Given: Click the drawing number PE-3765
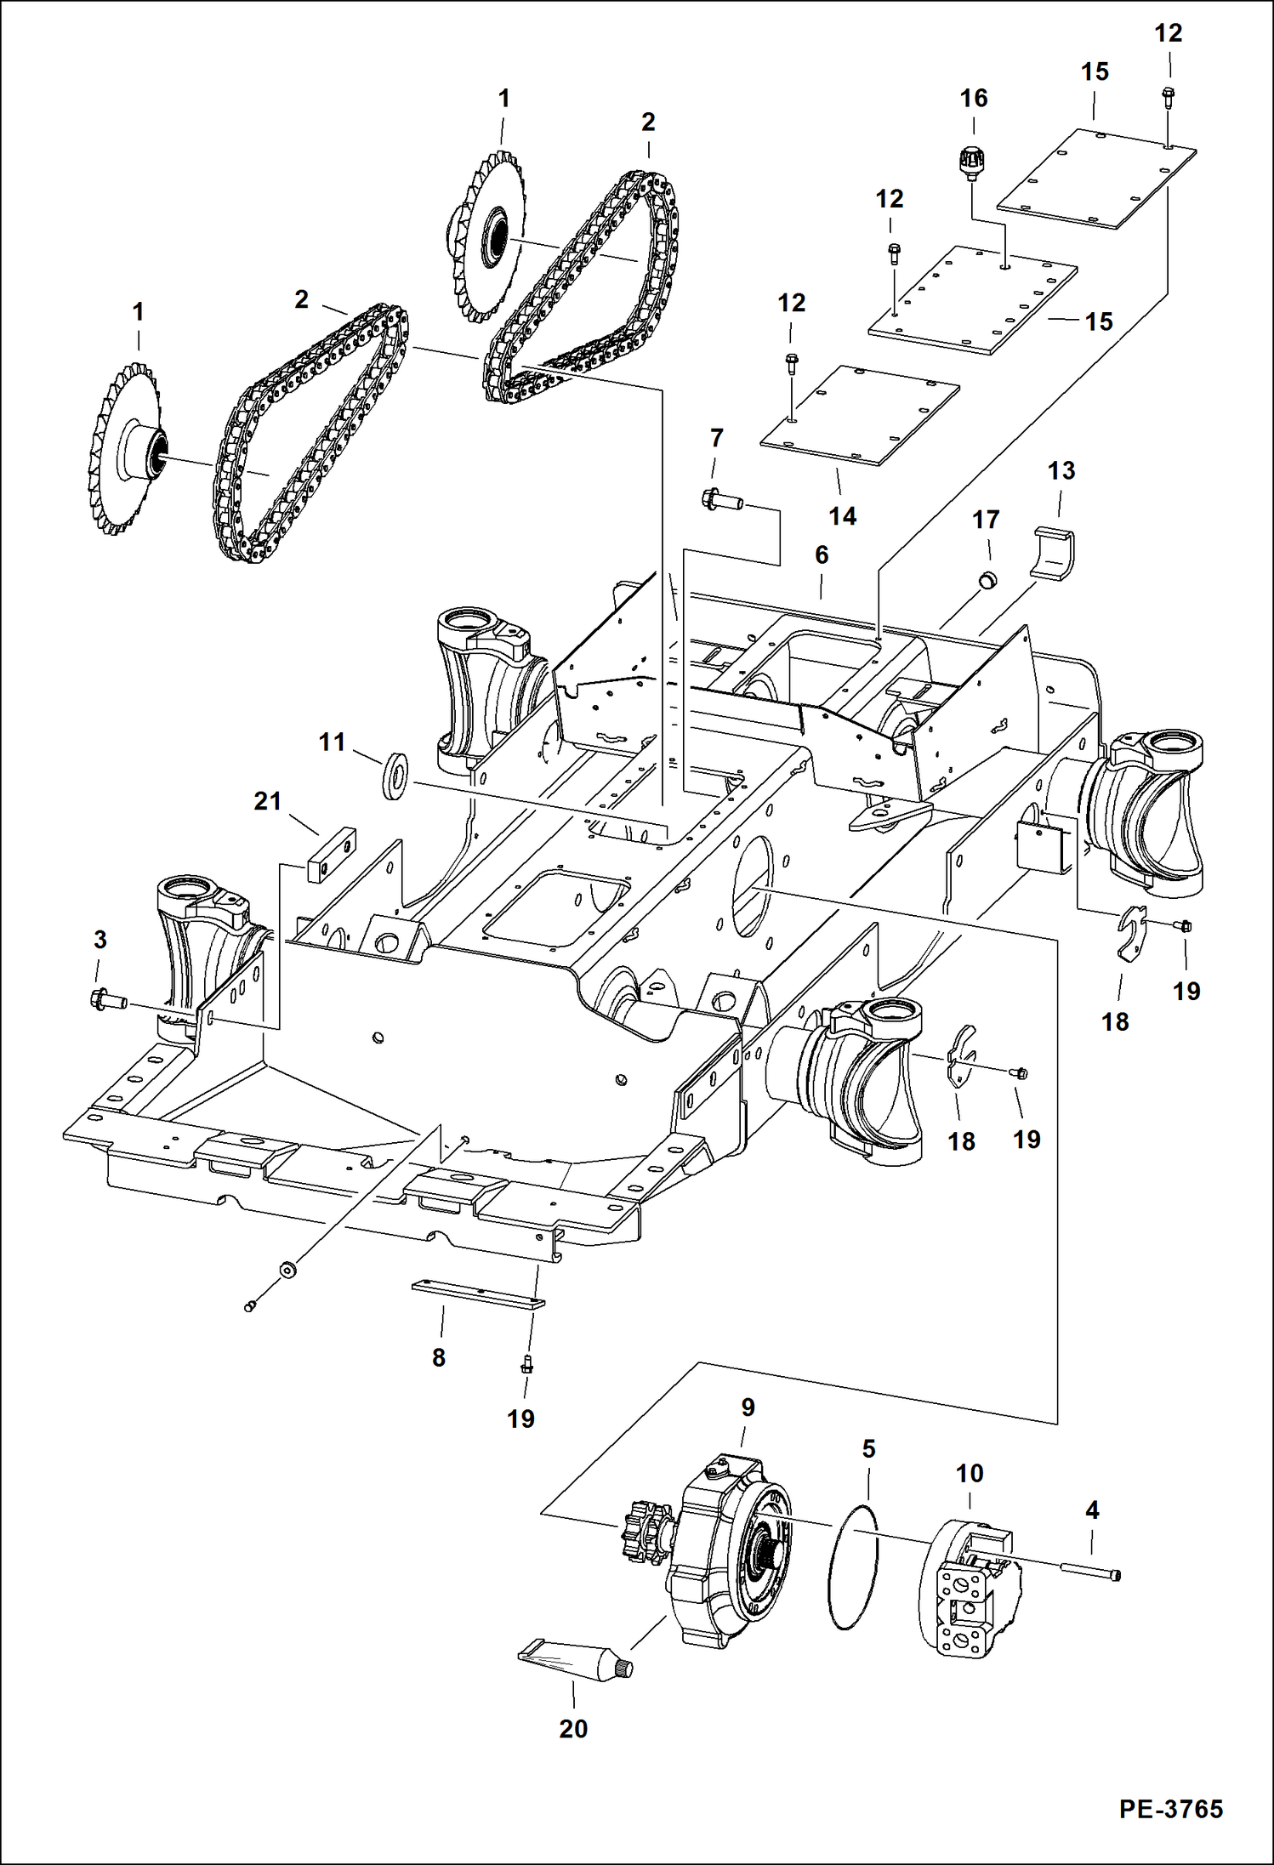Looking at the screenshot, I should [x=1170, y=1808].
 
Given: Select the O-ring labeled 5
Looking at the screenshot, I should [x=852, y=1566].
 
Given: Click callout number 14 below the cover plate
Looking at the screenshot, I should [x=842, y=516].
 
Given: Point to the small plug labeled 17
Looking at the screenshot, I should [x=987, y=580].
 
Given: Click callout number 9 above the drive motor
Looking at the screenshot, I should [x=748, y=1407].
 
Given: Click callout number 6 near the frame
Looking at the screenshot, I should [x=821, y=555].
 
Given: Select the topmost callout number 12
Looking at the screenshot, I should [x=1168, y=34].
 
